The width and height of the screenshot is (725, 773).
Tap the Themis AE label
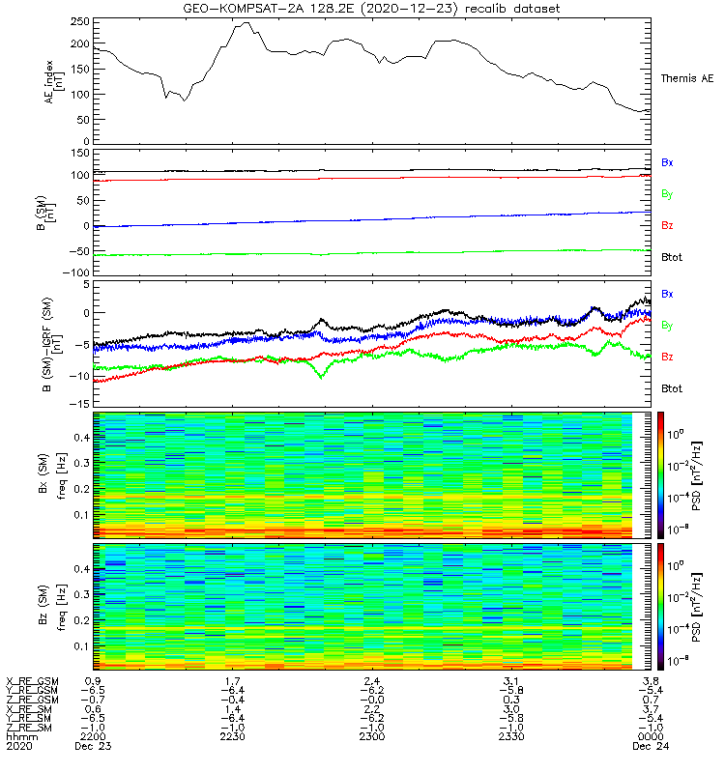pyautogui.click(x=687, y=77)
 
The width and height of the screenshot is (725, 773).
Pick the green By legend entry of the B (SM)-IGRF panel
pyautogui.click(x=667, y=326)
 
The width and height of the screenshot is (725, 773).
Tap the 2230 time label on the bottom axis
pyautogui.click(x=232, y=737)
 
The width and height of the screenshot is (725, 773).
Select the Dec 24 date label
pyautogui.click(x=649, y=747)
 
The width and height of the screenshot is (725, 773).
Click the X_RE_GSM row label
pyautogui.click(x=32, y=681)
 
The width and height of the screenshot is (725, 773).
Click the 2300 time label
pyautogui.click(x=370, y=737)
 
